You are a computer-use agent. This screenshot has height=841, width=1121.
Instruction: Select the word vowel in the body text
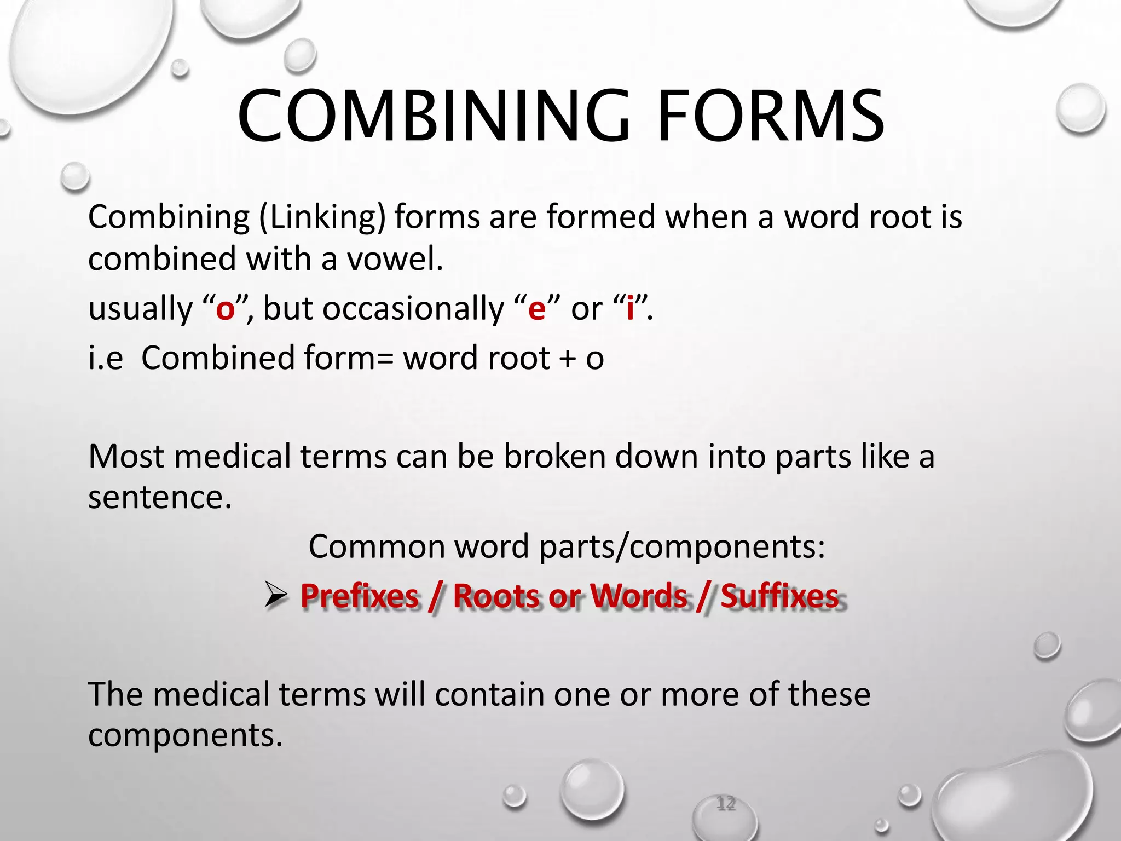tap(395, 258)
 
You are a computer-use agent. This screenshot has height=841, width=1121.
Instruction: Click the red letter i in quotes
tap(630, 308)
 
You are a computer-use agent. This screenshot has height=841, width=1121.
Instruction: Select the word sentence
tap(159, 498)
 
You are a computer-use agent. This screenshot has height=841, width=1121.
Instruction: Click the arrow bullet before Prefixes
tap(275, 596)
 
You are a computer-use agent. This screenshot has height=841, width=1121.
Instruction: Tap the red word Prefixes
tap(359, 596)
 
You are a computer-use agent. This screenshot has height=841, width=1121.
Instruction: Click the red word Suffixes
tap(779, 596)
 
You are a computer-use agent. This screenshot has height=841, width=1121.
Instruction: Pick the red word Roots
tap(496, 596)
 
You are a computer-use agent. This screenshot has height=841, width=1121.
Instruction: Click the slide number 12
tap(726, 804)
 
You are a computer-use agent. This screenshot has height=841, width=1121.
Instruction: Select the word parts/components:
tap(682, 547)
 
